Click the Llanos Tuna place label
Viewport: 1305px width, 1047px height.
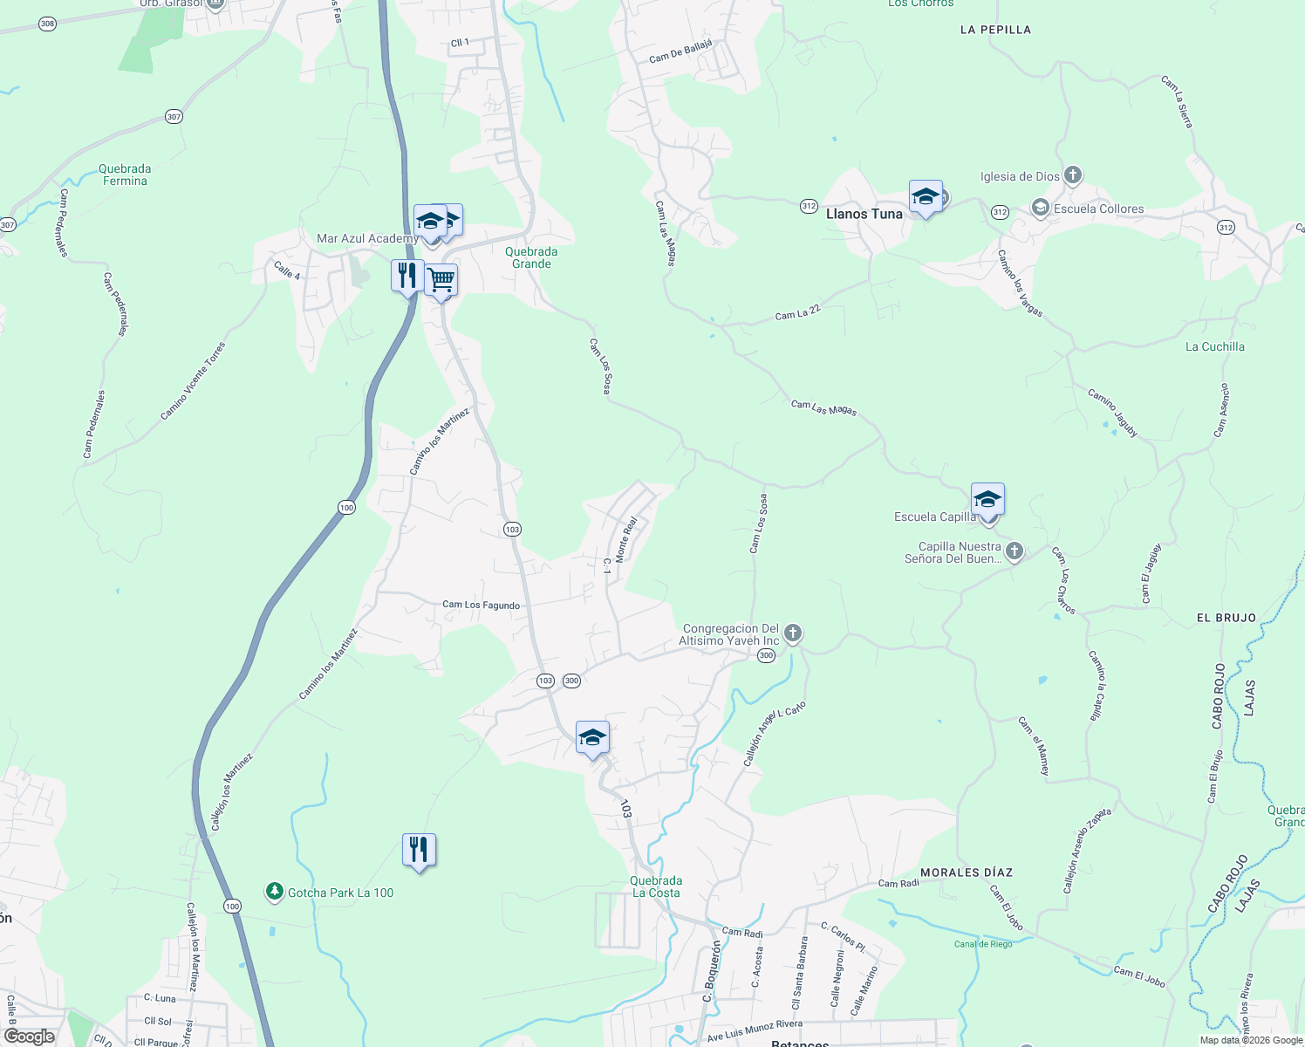click(x=864, y=214)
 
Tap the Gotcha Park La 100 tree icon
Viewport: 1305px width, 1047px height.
click(x=275, y=892)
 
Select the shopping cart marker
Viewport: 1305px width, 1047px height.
click(x=441, y=281)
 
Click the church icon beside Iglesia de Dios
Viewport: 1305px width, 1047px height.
click(x=1073, y=176)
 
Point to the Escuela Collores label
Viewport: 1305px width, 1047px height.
click(x=1098, y=209)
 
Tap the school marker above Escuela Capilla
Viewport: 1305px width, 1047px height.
click(x=987, y=500)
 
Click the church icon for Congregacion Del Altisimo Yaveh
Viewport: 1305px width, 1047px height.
click(x=792, y=633)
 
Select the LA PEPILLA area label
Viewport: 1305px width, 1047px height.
click(x=995, y=30)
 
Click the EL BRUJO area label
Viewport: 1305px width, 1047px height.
click(x=1226, y=618)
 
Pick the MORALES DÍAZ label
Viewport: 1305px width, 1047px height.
click(x=967, y=872)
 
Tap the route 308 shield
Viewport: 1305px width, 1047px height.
click(x=48, y=24)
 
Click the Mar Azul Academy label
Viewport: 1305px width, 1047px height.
click(x=367, y=239)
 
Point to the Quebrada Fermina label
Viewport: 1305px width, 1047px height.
click(x=125, y=174)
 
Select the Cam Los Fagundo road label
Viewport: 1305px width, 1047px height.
click(x=481, y=605)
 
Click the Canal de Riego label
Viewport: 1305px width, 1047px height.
click(x=983, y=944)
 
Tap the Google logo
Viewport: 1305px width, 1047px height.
click(x=30, y=1037)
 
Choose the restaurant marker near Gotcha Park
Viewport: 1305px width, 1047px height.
click(x=420, y=849)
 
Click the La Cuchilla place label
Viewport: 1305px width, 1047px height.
click(x=1214, y=347)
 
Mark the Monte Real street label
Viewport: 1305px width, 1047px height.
click(x=627, y=539)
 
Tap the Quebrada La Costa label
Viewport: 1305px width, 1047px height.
click(x=656, y=886)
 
